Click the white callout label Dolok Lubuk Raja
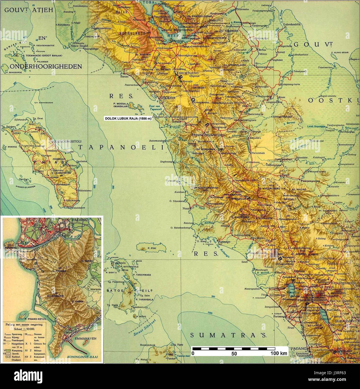click(x=128, y=119)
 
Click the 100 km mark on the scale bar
click(x=279, y=353)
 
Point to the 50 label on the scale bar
click(x=234, y=353)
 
